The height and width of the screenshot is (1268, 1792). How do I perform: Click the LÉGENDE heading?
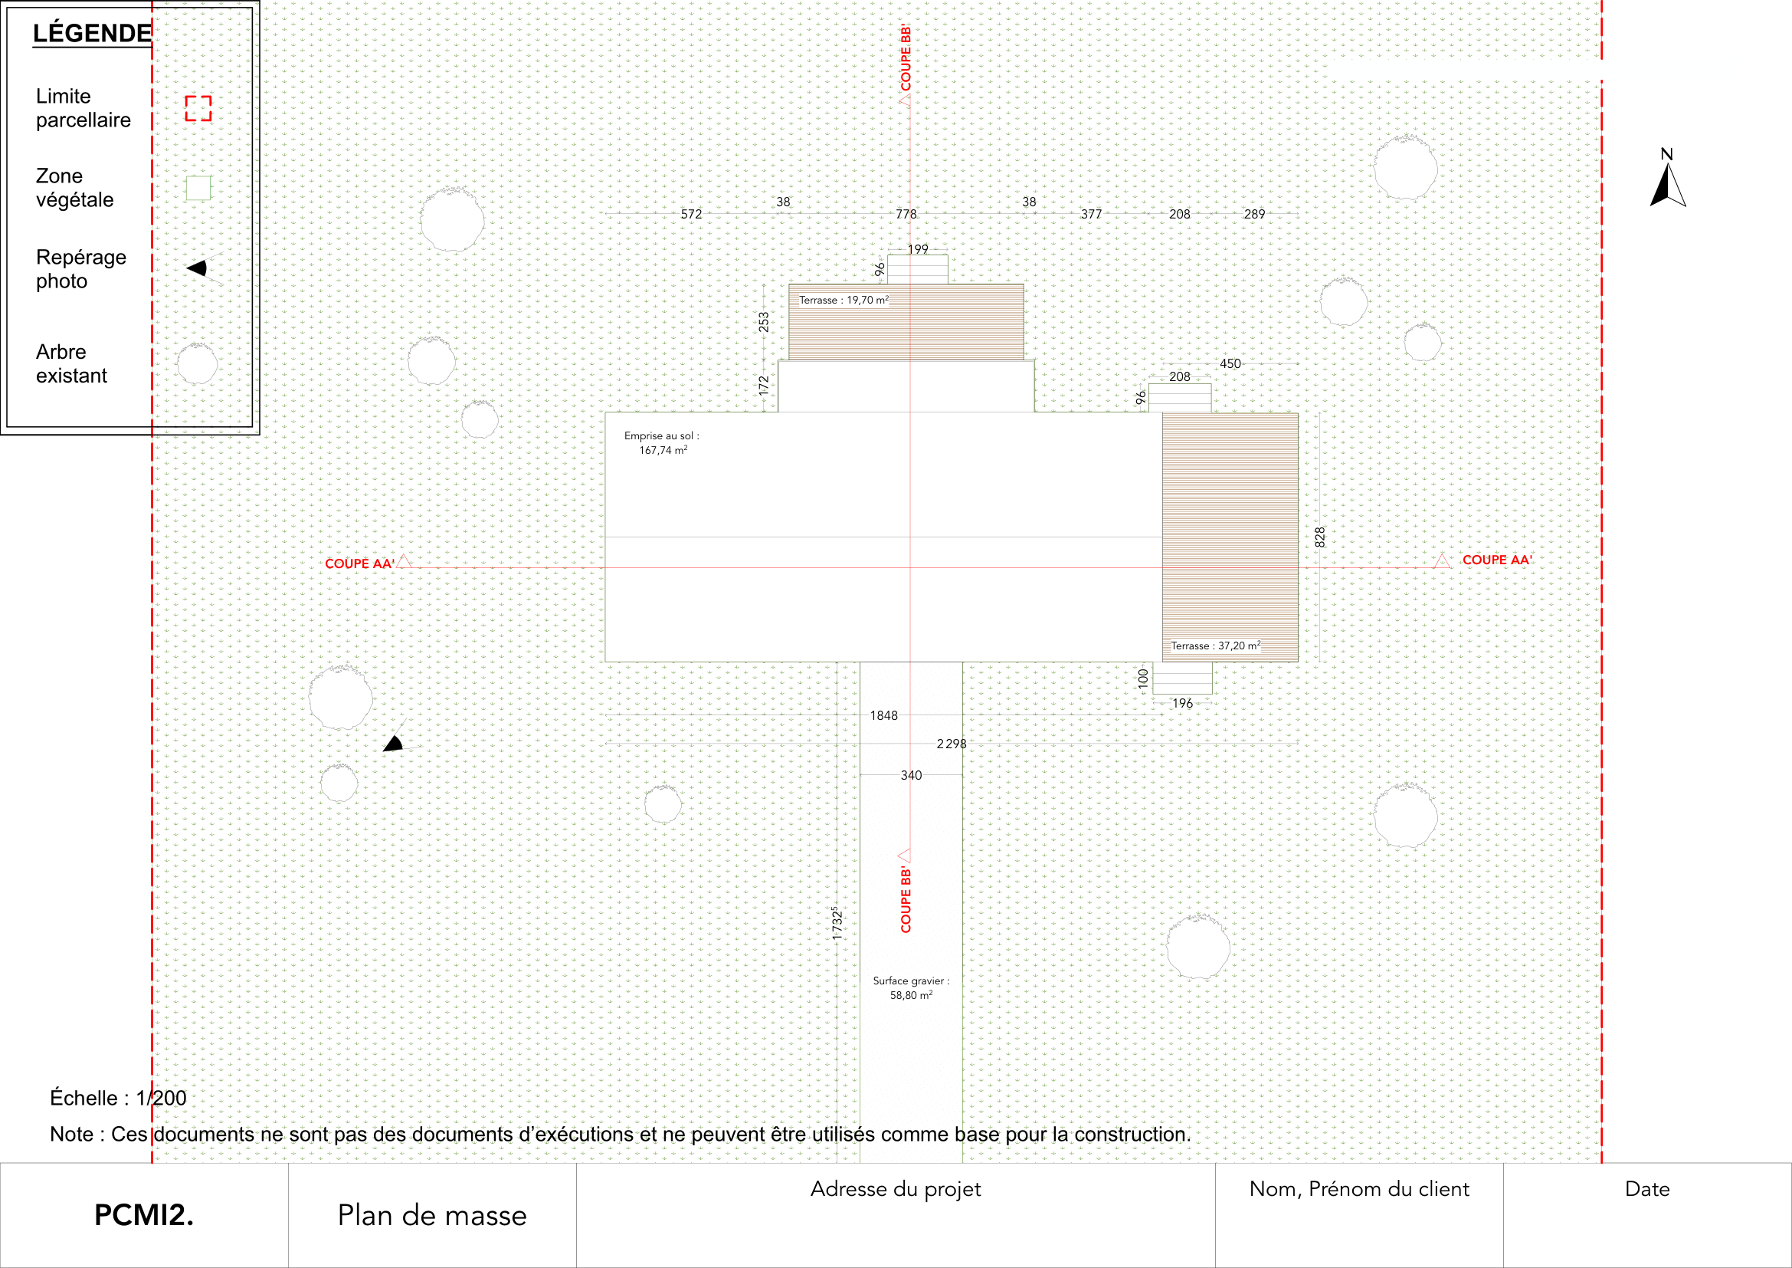92,33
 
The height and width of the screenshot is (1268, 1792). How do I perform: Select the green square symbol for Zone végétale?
198,187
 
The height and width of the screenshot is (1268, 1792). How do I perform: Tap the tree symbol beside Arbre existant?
198,363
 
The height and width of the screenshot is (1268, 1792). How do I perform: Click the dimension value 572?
692,214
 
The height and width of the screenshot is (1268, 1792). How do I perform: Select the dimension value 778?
906,214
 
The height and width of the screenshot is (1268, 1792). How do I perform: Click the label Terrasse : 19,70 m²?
844,300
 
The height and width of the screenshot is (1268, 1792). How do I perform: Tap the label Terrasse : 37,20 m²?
1215,645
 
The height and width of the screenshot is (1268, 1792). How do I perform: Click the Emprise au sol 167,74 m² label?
662,442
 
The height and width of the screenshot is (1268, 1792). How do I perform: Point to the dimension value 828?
1320,537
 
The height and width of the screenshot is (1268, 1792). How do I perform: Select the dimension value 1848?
883,715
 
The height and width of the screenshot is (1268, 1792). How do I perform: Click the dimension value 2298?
952,744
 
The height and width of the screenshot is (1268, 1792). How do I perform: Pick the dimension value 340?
911,775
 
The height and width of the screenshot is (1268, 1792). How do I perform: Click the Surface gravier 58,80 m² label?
911,987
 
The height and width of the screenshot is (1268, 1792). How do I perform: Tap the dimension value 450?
1230,364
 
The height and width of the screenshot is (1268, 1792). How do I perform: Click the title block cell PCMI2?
143,1215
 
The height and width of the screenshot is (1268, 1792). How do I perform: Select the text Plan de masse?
432,1215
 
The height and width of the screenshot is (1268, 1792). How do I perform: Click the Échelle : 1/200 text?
118,1098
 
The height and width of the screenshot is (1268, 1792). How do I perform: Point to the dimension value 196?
1182,704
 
